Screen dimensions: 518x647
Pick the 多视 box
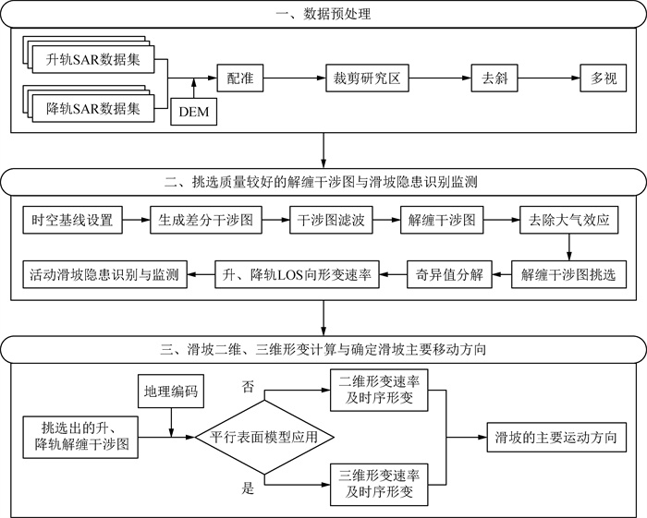tap(604, 79)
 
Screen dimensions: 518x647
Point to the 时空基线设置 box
tap(72, 222)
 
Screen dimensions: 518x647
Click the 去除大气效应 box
tap(569, 222)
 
